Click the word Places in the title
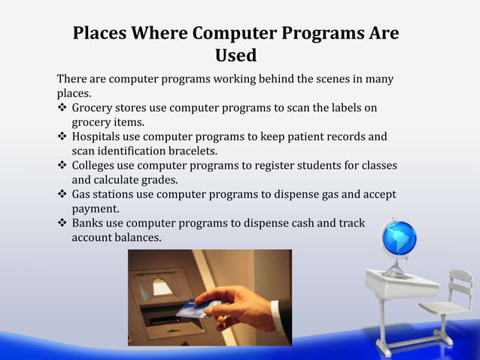point(99,35)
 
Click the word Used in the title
point(235,56)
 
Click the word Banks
point(87,224)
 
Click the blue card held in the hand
point(192,309)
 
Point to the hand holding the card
point(233,305)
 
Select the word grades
point(178,180)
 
